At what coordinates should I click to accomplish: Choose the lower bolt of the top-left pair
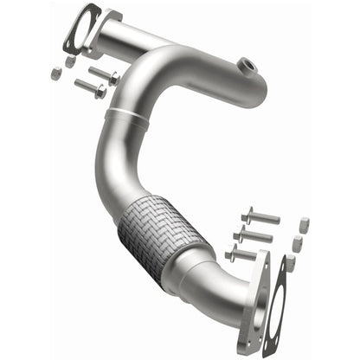point(89,87)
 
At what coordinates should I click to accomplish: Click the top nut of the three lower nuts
point(305,224)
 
